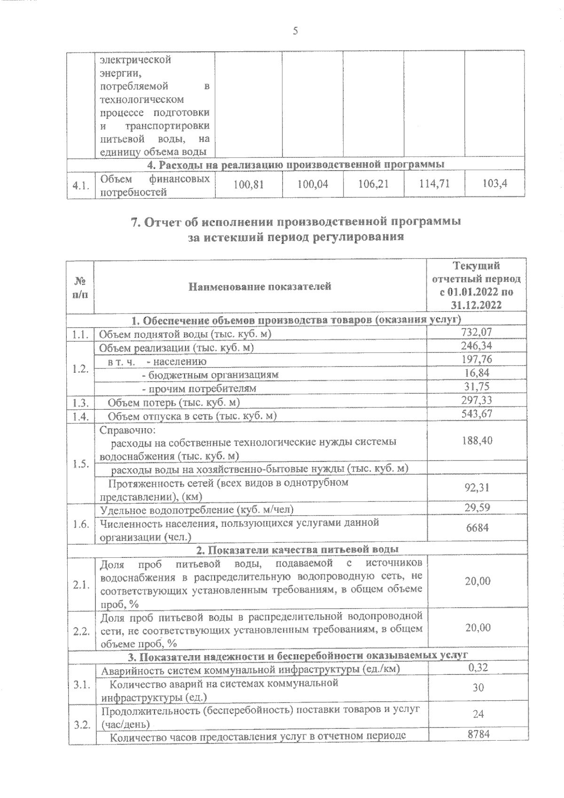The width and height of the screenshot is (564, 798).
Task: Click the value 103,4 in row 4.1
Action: pyautogui.click(x=495, y=183)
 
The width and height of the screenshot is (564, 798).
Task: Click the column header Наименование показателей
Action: pyautogui.click(x=260, y=286)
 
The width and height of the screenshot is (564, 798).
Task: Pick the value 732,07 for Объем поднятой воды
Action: pyautogui.click(x=477, y=332)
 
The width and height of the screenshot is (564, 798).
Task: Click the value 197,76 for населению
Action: pyautogui.click(x=477, y=360)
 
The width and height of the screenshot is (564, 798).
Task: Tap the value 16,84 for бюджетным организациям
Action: pyautogui.click(x=477, y=373)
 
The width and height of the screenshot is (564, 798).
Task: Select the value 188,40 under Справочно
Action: pyautogui.click(x=477, y=441)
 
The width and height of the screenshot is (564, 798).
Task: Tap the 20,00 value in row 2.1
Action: pyautogui.click(x=477, y=581)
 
